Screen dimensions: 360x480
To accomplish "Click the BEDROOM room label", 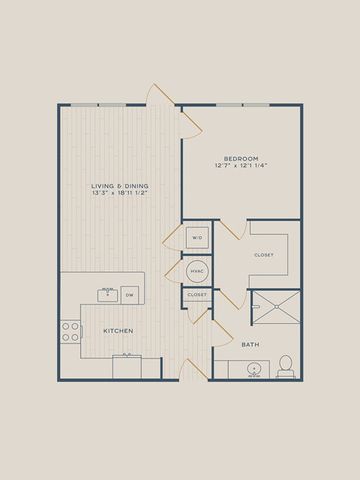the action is coord(241,159).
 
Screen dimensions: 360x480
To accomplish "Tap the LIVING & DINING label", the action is coord(120,186).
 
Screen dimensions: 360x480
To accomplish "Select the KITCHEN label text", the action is coord(118,331).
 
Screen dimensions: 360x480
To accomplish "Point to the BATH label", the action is coord(250,345).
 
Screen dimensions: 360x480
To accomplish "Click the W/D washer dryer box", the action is coord(197,238).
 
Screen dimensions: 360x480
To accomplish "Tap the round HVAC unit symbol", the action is coord(197,271).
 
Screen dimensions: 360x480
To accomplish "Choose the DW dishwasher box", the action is coord(130,295).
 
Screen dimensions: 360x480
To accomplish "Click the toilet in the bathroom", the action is coord(286,366).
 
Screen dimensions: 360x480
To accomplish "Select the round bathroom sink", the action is coord(254,369).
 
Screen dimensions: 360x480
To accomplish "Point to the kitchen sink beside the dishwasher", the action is coord(107,295).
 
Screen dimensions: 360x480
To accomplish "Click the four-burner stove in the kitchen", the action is coord(70,332).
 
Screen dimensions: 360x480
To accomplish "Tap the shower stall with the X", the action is coord(276,307).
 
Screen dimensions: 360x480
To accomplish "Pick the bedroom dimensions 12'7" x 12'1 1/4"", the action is coord(242,165).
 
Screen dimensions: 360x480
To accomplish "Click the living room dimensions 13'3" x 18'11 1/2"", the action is coord(120,193).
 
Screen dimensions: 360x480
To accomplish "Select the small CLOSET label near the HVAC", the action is coord(197,295).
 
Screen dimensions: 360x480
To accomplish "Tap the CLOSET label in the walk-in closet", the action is coord(264,255).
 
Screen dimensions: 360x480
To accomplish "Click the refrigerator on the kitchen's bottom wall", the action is coord(127,367).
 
